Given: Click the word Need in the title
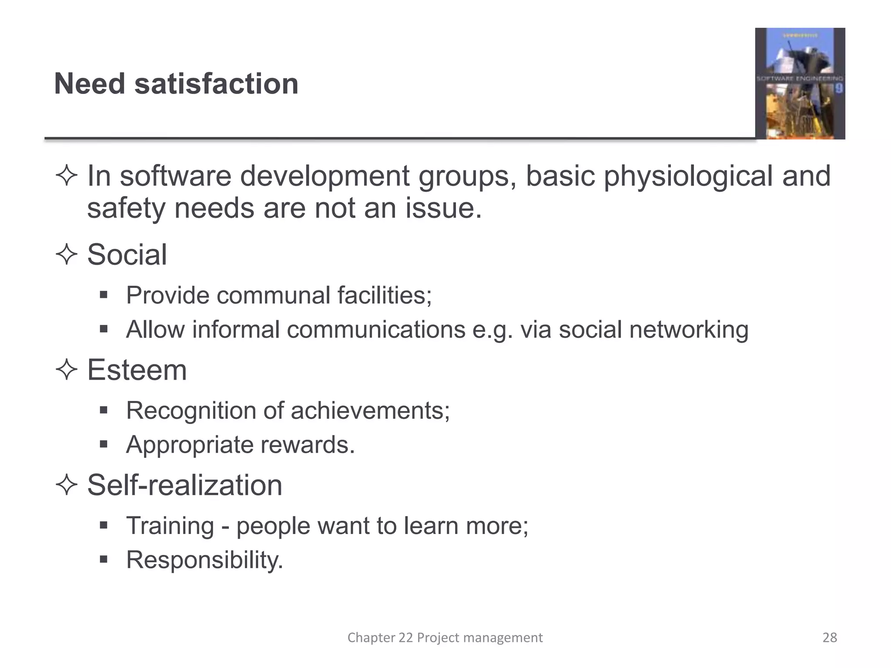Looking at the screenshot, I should (90, 83).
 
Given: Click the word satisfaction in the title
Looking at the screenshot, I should (216, 83).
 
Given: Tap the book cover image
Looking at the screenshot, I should (800, 83).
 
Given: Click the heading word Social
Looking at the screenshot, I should (127, 254).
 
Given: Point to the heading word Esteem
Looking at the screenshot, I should (137, 370).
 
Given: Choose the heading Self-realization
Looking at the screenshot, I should (185, 485).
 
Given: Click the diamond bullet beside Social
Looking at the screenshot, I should (67, 254).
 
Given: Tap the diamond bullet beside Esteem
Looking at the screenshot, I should (67, 370).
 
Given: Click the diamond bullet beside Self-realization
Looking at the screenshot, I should (67, 485).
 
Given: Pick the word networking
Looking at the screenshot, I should (689, 330).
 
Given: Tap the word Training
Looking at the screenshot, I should (170, 526).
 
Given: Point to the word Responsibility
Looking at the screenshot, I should (204, 560).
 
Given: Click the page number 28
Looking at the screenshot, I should (830, 638).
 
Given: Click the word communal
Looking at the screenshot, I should (274, 296).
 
